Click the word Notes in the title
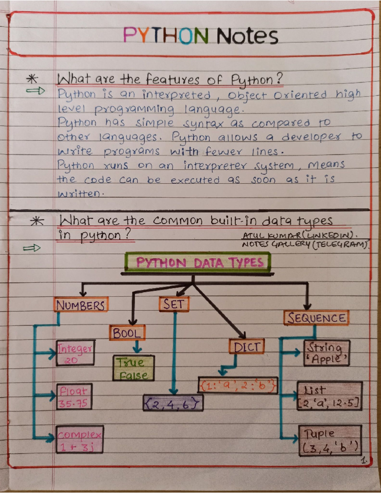point(247,36)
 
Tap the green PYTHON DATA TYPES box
point(198,263)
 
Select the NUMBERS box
point(81,304)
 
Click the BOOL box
point(127,333)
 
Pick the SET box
point(174,304)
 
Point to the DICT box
point(247,347)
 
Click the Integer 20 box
point(75,353)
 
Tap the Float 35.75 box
point(74,396)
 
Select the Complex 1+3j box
point(80,439)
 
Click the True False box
point(133,368)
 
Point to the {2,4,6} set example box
point(173,403)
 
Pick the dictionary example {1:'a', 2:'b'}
point(238,385)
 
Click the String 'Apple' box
point(326,353)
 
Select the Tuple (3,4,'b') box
point(330,441)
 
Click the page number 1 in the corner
point(364,461)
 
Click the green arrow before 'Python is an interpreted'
point(35,91)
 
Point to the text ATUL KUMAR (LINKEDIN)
point(299,236)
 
